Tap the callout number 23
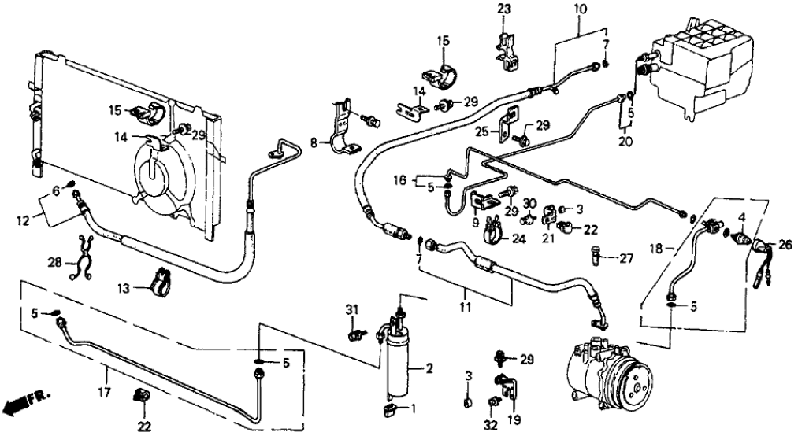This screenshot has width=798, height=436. click(503, 9)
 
